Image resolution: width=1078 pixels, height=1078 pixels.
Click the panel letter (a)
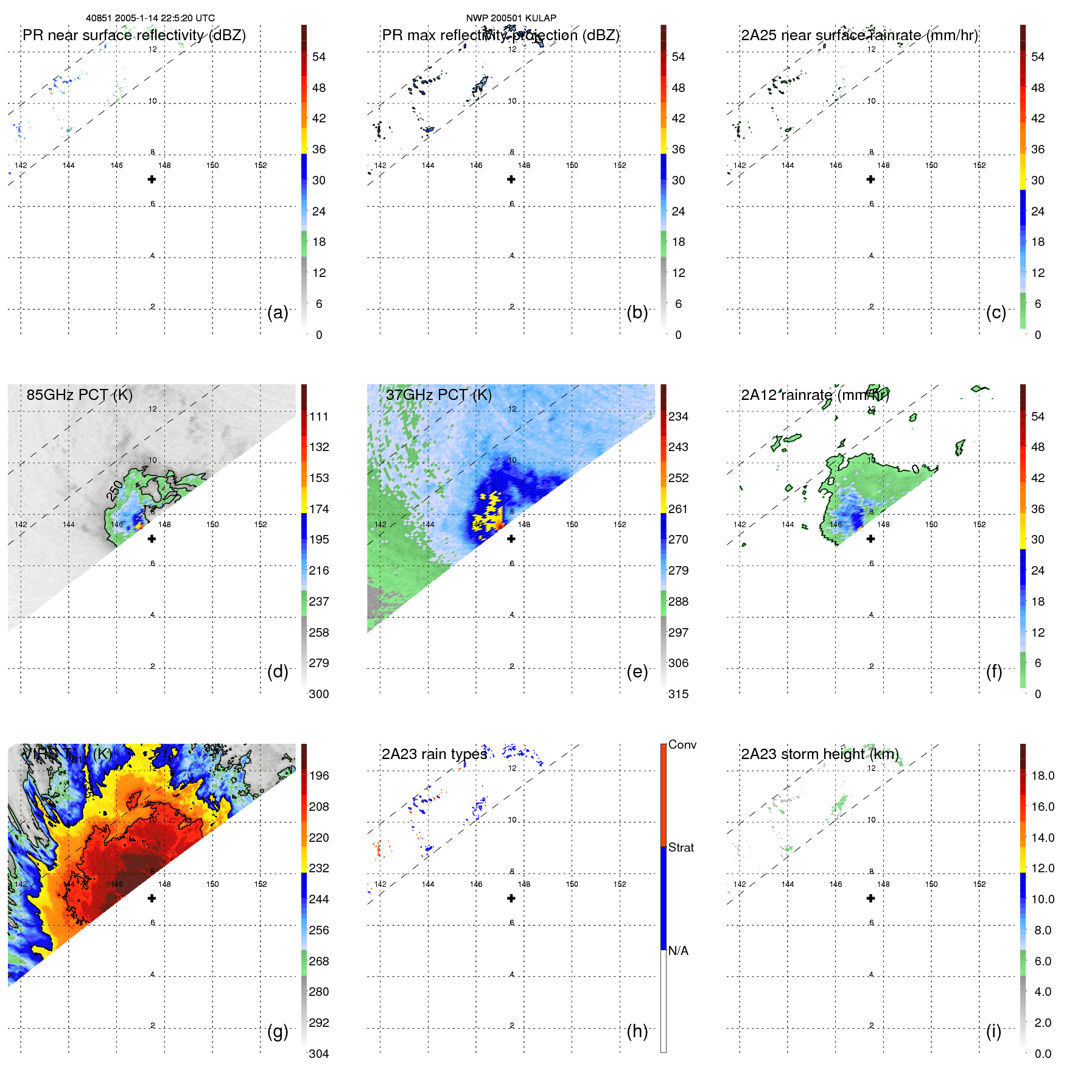(278, 312)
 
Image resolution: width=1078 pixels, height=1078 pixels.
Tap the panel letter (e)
(637, 672)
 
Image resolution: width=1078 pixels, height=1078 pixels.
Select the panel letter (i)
(993, 1031)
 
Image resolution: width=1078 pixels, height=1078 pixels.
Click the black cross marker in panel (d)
(152, 539)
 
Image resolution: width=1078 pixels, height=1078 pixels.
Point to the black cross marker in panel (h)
(511, 898)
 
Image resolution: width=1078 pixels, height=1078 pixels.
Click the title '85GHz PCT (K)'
(79, 394)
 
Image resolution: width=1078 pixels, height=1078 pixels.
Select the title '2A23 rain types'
(434, 754)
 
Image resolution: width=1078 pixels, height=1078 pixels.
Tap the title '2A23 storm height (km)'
(819, 754)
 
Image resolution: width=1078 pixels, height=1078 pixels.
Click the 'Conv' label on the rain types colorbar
(682, 744)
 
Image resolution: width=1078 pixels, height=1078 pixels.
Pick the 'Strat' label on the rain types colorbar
(681, 847)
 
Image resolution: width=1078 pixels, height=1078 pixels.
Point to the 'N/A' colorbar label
(678, 951)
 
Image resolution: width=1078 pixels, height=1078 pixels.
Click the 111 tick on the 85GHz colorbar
(319, 416)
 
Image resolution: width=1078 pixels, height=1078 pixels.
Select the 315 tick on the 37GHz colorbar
(678, 694)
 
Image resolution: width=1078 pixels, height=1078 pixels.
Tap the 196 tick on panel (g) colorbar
(319, 775)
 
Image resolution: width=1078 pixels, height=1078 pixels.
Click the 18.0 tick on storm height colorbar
(1042, 775)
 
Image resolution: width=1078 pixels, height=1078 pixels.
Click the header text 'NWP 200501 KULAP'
(511, 18)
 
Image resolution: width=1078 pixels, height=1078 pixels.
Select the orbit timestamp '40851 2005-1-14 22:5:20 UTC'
(150, 18)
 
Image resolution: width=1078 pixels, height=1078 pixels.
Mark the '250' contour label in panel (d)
(114, 490)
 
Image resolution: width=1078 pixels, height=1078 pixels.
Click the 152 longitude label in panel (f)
(979, 524)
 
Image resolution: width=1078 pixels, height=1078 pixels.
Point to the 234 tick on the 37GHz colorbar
(678, 416)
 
